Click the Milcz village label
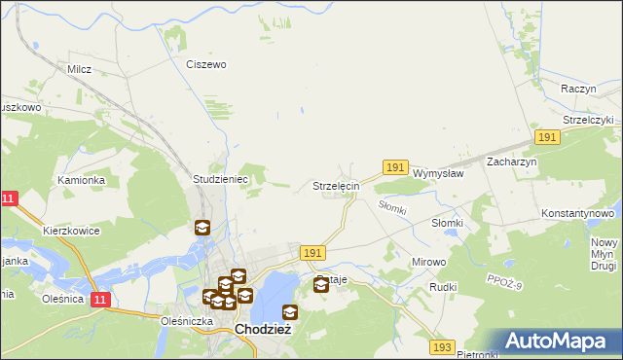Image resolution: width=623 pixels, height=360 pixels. coord(79,69)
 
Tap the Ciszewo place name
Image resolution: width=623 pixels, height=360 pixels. coord(206,64)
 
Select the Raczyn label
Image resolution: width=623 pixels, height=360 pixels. coord(578,88)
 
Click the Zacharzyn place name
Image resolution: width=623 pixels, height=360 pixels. coord(512,162)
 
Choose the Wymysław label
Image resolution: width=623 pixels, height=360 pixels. coord(438,173)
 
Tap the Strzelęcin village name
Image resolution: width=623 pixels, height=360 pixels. coord(336,185)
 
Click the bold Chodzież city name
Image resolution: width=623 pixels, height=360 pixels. coord(264,330)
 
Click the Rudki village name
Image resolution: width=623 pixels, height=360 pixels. coord(443,288)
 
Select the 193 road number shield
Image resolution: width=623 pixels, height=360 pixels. coord(442,347)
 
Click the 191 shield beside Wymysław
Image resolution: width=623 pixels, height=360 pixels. coord(394,168)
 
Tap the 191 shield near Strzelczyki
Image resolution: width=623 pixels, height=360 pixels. coord(547,138)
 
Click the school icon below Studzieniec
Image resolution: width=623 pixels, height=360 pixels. coord(202,229)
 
